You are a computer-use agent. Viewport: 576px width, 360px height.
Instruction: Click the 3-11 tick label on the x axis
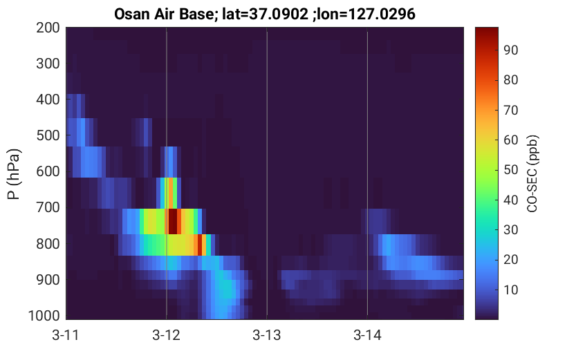(x=66, y=335)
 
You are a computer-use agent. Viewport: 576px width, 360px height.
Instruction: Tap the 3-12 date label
(x=167, y=335)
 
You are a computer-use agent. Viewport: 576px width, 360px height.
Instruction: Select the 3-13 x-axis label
(x=267, y=335)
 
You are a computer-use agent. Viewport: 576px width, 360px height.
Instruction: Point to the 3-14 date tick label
(x=367, y=335)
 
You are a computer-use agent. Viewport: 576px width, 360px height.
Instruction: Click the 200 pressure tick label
(x=48, y=28)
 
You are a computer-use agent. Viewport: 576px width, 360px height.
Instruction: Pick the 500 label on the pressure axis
(x=48, y=135)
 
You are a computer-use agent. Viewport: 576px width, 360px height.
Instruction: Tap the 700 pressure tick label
(x=48, y=208)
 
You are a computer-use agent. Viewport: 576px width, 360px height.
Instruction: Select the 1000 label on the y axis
(x=44, y=316)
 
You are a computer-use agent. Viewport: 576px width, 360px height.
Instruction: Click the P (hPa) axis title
(x=13, y=174)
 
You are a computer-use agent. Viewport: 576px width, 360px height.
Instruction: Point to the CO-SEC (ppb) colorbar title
(x=532, y=174)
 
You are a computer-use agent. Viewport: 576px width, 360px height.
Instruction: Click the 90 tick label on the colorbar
(x=510, y=50)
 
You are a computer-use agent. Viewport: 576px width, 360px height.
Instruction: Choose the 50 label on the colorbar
(x=510, y=170)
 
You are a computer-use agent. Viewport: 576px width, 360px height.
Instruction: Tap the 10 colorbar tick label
(x=510, y=290)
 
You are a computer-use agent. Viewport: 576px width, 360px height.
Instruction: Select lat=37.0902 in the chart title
(x=266, y=15)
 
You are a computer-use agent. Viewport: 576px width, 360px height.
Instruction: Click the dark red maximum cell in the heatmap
(x=173, y=221)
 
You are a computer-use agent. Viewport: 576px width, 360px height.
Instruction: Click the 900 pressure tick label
(x=48, y=280)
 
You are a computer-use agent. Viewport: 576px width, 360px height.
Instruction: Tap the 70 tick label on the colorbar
(x=510, y=110)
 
